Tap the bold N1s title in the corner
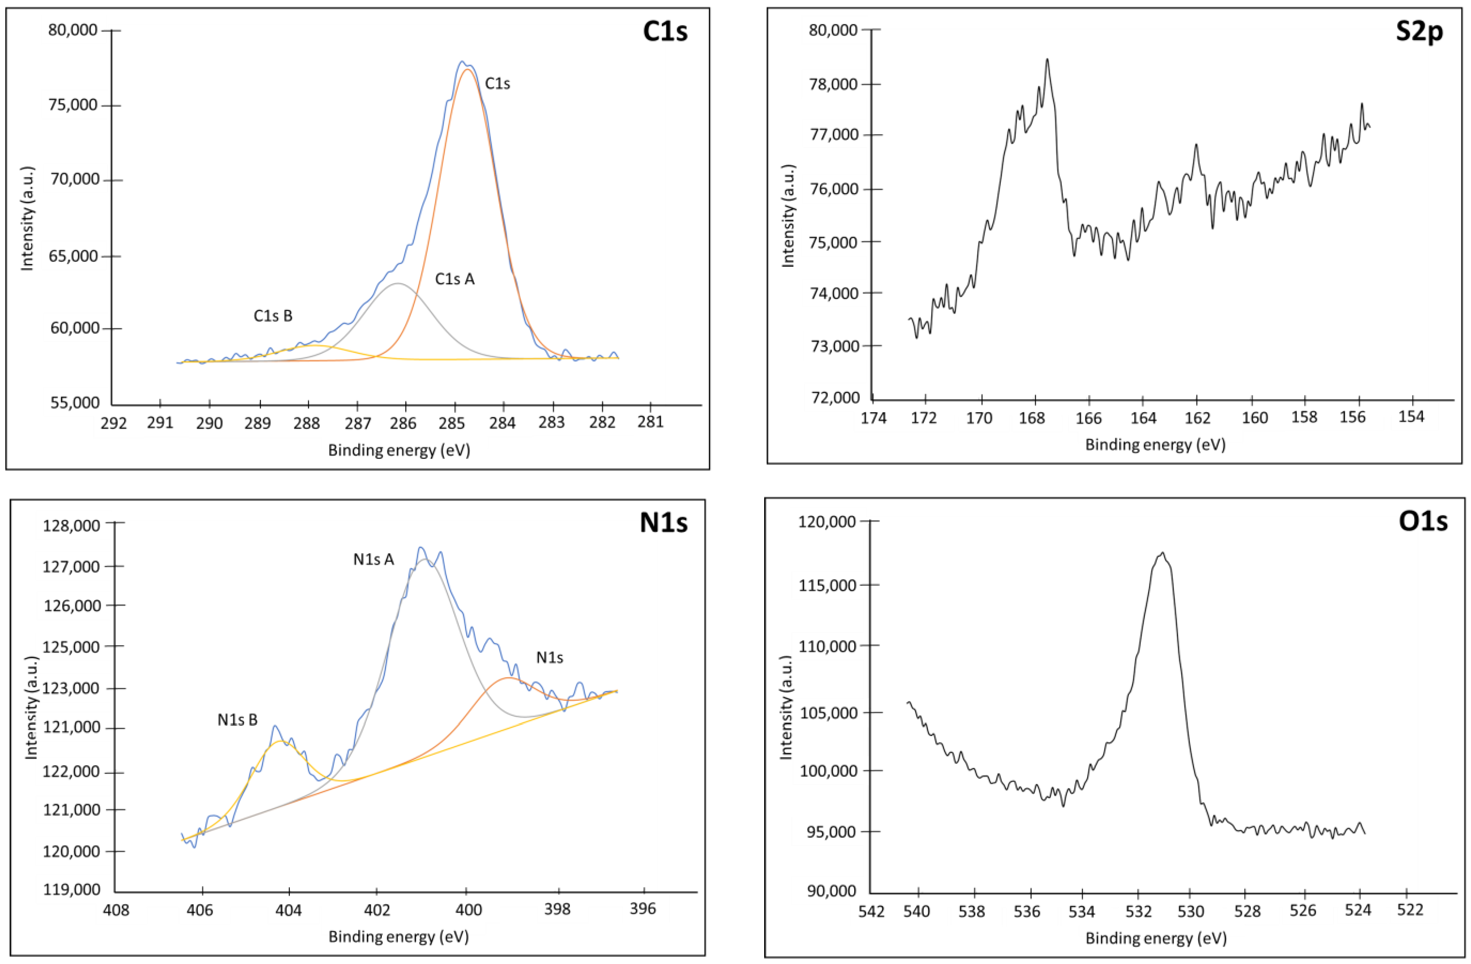663,523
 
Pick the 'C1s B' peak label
272,316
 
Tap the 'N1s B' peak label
238,720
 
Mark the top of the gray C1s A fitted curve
397,283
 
